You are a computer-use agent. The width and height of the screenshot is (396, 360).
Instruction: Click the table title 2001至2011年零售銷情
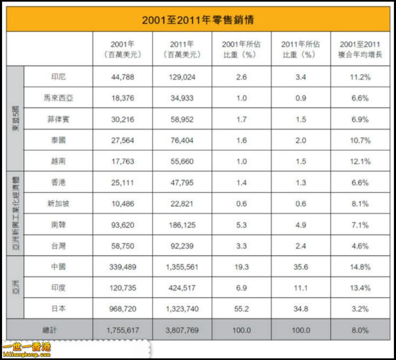pyautogui.click(x=198, y=20)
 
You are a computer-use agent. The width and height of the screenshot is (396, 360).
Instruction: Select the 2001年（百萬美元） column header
pyautogui.click(x=123, y=49)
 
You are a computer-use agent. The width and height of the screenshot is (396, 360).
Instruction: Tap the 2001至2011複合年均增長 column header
pyautogui.click(x=360, y=49)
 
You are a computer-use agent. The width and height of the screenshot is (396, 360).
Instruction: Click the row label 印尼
pyautogui.click(x=58, y=77)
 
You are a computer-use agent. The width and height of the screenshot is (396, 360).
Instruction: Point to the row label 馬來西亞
pyautogui.click(x=58, y=98)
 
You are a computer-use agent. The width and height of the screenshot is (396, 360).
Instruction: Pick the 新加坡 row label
pyautogui.click(x=58, y=204)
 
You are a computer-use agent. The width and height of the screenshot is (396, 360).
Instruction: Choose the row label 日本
pyautogui.click(x=58, y=309)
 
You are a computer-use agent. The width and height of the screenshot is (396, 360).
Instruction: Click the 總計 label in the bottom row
pyautogui.click(x=49, y=330)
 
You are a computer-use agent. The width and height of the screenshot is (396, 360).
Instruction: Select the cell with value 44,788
pyautogui.click(x=123, y=77)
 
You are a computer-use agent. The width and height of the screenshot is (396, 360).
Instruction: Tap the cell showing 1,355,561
pyautogui.click(x=182, y=267)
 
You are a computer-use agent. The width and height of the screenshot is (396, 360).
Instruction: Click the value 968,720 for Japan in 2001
pyautogui.click(x=123, y=309)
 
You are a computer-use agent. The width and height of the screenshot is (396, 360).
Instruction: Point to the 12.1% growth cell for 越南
pyautogui.click(x=360, y=161)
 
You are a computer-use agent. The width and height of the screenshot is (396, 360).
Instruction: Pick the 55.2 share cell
pyautogui.click(x=241, y=309)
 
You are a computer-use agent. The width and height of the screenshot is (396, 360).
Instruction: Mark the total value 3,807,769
pyautogui.click(x=182, y=330)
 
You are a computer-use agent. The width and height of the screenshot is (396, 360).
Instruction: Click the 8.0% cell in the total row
pyautogui.click(x=360, y=330)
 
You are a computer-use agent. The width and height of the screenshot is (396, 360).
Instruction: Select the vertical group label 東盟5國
pyautogui.click(x=15, y=119)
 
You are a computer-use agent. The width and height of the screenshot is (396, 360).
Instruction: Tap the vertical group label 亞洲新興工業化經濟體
pyautogui.click(x=15, y=214)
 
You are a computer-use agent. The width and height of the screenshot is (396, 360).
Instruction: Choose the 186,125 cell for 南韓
pyautogui.click(x=182, y=225)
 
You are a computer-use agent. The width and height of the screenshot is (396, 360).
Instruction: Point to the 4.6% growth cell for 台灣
pyautogui.click(x=360, y=246)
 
